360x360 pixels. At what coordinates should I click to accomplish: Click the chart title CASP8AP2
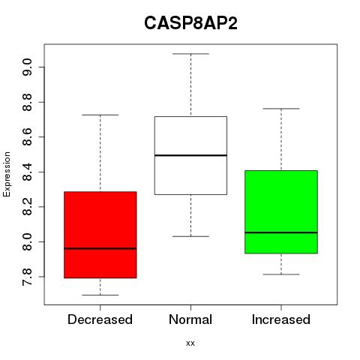(190, 23)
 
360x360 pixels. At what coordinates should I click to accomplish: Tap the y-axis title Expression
(7, 174)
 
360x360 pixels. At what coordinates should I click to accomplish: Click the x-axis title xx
(190, 343)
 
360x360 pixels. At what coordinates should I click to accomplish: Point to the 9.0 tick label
(27, 67)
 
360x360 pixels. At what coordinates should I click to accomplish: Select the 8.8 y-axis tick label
(27, 102)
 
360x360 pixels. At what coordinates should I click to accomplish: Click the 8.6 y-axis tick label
(27, 137)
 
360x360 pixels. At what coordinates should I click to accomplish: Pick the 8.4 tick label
(27, 172)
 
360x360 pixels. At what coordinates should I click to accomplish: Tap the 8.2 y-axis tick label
(27, 207)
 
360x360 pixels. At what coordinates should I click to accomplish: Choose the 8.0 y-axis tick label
(27, 241)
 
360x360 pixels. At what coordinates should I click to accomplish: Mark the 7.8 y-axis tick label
(27, 277)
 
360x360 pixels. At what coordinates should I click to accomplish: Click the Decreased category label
(100, 319)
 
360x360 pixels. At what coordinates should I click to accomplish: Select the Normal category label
(190, 319)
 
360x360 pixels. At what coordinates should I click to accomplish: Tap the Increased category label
(281, 319)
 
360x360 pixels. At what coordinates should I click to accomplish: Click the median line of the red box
(100, 248)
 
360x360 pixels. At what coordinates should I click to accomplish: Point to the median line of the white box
(190, 155)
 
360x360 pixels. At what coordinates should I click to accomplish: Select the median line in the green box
(281, 232)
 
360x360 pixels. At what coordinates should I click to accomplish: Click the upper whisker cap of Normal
(190, 54)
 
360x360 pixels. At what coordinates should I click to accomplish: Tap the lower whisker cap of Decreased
(100, 295)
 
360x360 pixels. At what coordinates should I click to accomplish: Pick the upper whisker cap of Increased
(281, 109)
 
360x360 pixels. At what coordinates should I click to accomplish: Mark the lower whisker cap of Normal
(190, 236)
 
